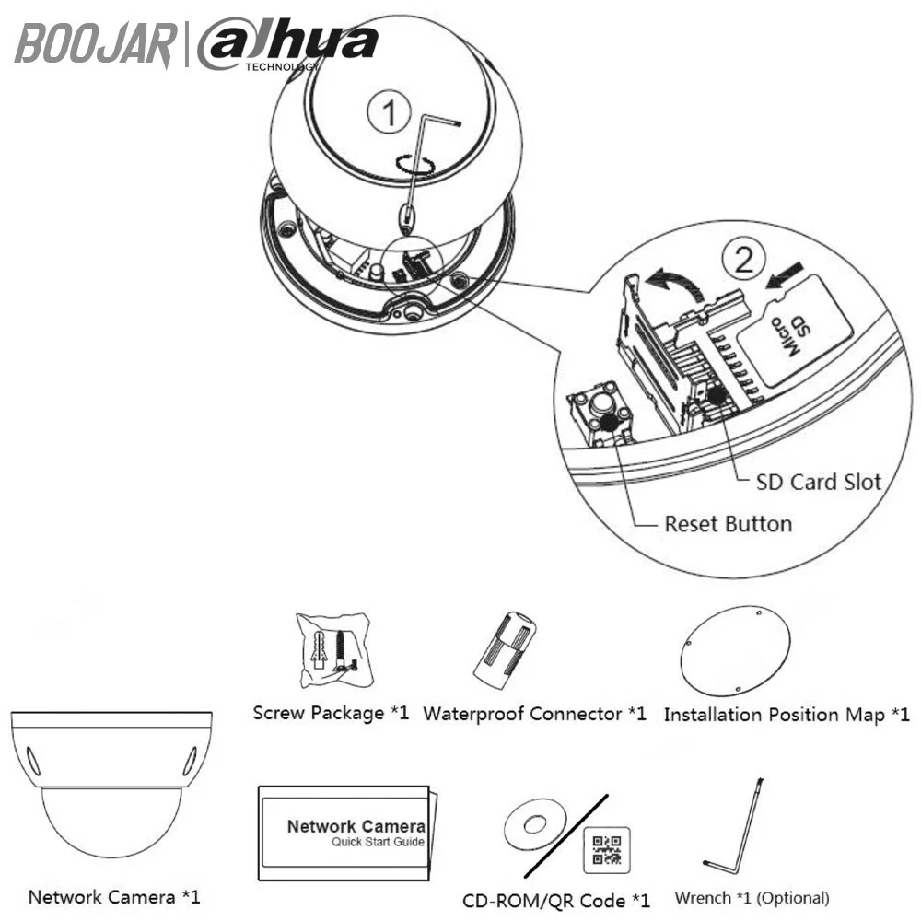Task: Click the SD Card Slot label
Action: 818,482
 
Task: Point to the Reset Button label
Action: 728,524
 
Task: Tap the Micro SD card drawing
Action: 799,327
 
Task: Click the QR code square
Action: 607,849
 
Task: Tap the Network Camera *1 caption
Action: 113,896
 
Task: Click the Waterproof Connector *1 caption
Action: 534,714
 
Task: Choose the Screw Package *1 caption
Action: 331,713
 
